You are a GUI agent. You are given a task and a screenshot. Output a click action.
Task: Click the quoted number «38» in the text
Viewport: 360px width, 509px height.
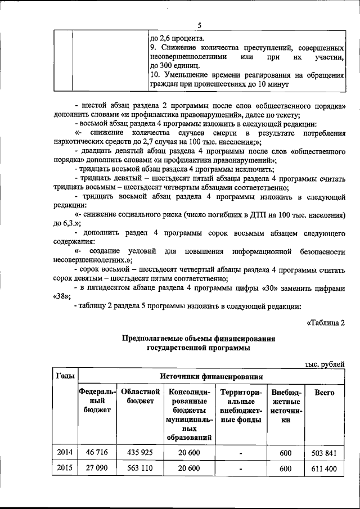[x=62, y=296]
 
